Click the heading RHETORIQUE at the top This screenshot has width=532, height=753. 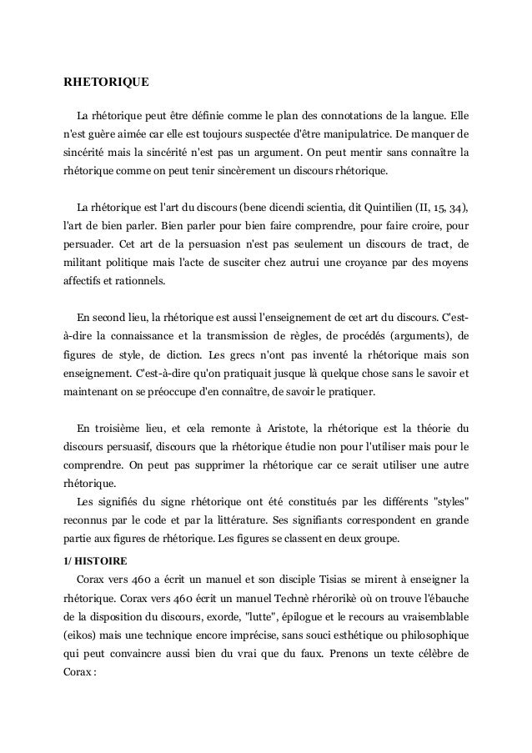(x=107, y=83)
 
